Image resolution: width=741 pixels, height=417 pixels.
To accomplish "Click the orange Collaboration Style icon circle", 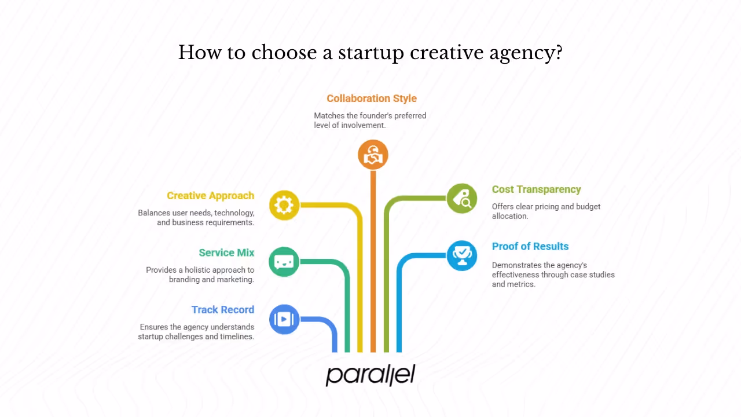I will coord(373,155).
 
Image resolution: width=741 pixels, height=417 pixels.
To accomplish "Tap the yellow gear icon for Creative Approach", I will coord(284,205).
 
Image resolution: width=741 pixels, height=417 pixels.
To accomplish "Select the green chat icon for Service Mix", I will coord(284,262).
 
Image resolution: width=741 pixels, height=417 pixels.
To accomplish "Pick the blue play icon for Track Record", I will coord(284,319).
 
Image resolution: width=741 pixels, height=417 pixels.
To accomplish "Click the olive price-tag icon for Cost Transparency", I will coord(462,198).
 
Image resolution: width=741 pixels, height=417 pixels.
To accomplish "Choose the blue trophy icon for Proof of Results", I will coord(462,255).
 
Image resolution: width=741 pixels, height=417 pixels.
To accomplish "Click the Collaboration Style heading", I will coord(372,98).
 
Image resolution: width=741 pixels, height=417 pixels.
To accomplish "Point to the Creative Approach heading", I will coord(211,196).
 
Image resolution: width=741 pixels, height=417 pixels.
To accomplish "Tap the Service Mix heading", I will coord(226,253).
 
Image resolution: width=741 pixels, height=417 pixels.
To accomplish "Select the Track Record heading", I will coord(223,309).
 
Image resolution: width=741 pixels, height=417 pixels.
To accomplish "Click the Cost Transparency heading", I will coord(536,189).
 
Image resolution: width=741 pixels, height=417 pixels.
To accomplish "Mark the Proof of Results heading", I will coord(530,246).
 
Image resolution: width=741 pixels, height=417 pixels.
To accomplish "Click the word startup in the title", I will coord(370,53).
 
